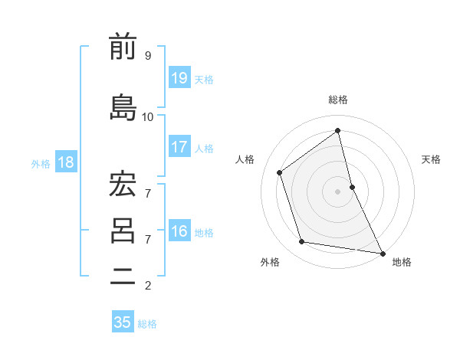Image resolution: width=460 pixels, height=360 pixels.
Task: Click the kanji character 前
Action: pyautogui.click(x=123, y=47)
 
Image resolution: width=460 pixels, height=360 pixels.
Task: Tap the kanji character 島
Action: pyautogui.click(x=123, y=106)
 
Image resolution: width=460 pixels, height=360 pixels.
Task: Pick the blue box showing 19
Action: pyautogui.click(x=179, y=77)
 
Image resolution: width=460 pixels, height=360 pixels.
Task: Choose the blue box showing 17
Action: pyautogui.click(x=179, y=147)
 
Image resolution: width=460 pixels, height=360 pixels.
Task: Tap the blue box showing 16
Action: pyautogui.click(x=179, y=231)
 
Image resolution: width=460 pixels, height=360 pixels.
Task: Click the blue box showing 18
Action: pyautogui.click(x=65, y=162)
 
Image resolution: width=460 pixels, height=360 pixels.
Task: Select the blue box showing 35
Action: pyautogui.click(x=123, y=322)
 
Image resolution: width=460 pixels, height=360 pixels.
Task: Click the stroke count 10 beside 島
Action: pyautogui.click(x=148, y=116)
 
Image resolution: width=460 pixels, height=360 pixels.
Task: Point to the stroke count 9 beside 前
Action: pyautogui.click(x=148, y=55)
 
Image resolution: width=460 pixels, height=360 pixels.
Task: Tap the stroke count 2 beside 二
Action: pyautogui.click(x=148, y=286)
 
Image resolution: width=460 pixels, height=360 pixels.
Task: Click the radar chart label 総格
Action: pyautogui.click(x=338, y=100)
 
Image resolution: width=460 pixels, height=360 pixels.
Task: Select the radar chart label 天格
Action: pyautogui.click(x=431, y=159)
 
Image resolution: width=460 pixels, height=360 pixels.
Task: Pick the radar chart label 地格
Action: pyautogui.click(x=402, y=262)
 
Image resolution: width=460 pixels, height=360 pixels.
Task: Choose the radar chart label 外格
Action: pyautogui.click(x=270, y=262)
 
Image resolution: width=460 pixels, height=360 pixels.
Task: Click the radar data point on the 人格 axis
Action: pyautogui.click(x=280, y=172)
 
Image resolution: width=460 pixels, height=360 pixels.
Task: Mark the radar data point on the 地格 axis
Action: pyautogui.click(x=382, y=253)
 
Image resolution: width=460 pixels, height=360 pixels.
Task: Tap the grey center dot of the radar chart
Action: pyautogui.click(x=337, y=191)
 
